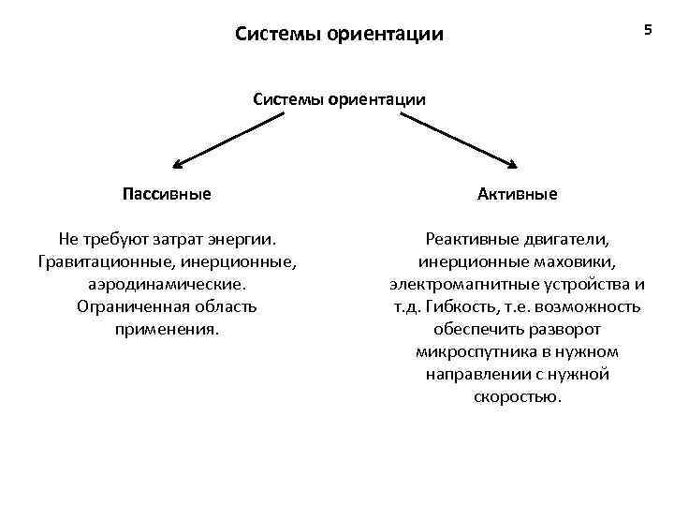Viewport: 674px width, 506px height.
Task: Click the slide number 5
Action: (x=647, y=31)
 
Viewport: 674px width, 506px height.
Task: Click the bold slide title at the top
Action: (x=339, y=36)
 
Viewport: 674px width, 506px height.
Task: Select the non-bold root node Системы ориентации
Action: (x=339, y=98)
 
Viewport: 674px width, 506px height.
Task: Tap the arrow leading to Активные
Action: (x=457, y=140)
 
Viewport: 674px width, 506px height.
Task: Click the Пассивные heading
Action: (x=167, y=194)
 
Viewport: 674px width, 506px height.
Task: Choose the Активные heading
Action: (x=517, y=194)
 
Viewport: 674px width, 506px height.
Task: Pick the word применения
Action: (x=167, y=329)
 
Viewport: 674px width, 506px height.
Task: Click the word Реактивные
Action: (x=468, y=239)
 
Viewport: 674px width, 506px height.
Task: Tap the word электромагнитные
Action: (x=456, y=284)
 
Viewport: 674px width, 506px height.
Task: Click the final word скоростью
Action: (x=517, y=396)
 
